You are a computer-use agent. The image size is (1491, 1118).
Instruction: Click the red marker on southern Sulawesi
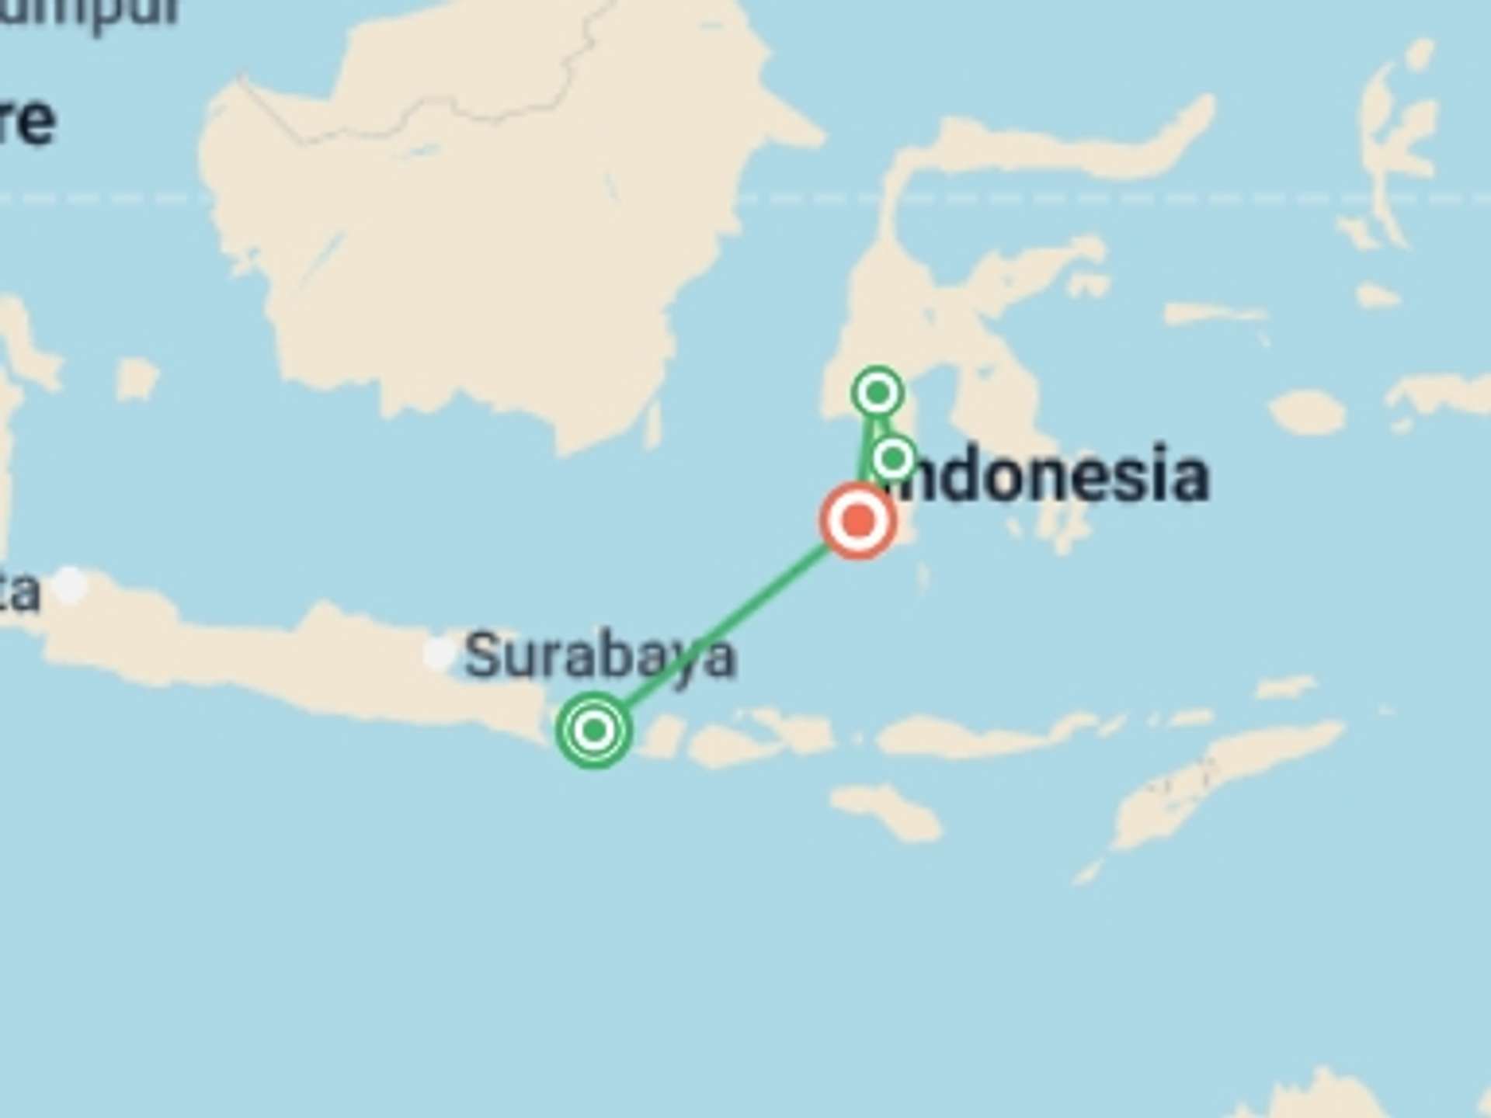858,520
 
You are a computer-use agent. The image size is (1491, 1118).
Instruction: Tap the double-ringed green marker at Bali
594,730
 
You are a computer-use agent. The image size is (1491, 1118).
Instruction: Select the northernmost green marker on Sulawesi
878,392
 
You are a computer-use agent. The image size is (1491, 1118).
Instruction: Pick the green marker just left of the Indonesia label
893,458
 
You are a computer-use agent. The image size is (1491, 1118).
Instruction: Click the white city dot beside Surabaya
440,653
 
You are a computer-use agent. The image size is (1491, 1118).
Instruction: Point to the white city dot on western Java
70,584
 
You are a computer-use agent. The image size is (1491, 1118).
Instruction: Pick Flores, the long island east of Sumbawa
978,734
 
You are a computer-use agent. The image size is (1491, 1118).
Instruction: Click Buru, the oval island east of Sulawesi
1309,411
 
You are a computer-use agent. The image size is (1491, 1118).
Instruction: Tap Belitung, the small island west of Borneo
136,380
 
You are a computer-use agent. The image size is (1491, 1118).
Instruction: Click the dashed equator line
1165,199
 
